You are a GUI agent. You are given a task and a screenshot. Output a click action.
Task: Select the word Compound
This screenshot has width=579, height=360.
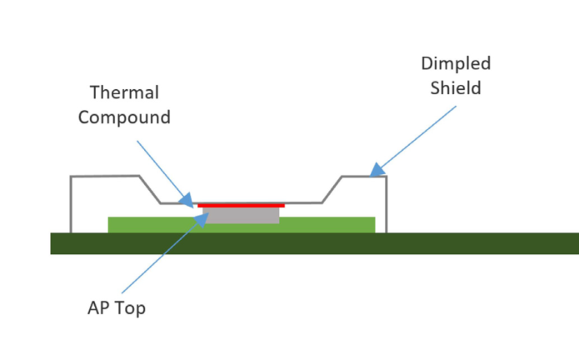point(124,117)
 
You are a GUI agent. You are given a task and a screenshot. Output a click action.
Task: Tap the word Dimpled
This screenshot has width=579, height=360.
point(456,63)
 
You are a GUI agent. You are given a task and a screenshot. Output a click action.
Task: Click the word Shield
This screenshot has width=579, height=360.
point(456,87)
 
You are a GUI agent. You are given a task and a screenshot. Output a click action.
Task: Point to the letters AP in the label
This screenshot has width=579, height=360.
point(99,307)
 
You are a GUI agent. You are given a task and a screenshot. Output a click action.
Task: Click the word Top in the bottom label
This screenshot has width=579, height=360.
point(131,307)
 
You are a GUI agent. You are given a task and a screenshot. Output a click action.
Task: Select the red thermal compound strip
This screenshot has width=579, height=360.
point(242,205)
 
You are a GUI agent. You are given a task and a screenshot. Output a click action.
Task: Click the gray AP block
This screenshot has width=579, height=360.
point(242,215)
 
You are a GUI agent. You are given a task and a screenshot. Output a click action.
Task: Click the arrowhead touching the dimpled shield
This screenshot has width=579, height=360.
point(377,170)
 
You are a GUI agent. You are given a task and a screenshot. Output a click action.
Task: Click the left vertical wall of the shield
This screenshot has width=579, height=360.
point(72,205)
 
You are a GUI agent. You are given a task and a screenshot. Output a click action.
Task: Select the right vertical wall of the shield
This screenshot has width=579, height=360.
point(386,205)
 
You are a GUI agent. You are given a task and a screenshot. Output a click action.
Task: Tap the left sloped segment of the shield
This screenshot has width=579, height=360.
point(149,189)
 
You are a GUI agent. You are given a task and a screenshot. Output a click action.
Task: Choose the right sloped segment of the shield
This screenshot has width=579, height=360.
point(332,189)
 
